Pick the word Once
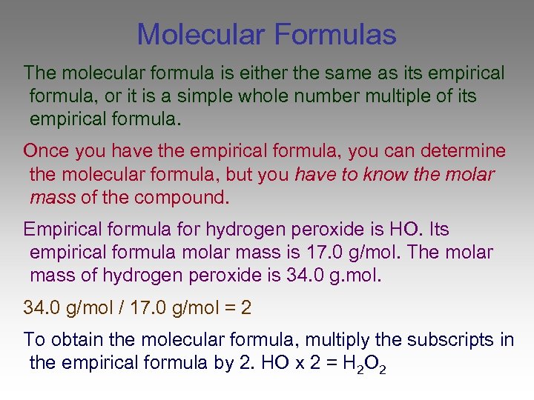coord(46,151)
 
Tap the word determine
coord(462,151)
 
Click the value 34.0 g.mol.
coord(333,276)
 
